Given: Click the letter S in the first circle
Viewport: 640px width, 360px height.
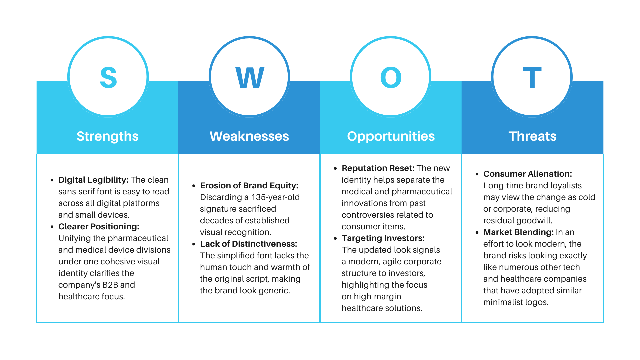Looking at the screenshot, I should [108, 77].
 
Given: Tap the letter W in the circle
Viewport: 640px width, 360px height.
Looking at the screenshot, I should [250, 77].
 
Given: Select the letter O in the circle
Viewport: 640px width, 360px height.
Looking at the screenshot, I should [391, 77].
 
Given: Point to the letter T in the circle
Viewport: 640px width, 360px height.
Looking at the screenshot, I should [532, 77].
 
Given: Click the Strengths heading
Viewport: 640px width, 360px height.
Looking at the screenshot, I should [107, 136].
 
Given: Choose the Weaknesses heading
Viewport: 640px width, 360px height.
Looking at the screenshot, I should [249, 136].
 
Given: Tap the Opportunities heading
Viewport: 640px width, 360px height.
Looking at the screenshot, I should [391, 136].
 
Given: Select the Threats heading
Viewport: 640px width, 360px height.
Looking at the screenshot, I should [532, 136].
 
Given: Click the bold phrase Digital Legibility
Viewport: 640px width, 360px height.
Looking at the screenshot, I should [93, 180].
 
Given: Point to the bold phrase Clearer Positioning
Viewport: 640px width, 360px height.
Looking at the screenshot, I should [99, 227].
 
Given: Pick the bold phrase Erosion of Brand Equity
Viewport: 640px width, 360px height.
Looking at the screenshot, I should [249, 186].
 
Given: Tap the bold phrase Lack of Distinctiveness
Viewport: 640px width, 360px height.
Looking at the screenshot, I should [248, 244].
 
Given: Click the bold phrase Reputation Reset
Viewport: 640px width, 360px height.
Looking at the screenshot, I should [378, 168].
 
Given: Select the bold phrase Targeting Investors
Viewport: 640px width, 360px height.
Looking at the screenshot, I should [383, 238].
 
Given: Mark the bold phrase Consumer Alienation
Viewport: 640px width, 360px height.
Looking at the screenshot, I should [527, 174].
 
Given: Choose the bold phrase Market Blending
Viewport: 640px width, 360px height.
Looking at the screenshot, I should [518, 232].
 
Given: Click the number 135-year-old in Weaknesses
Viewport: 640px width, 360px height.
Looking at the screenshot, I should [275, 197].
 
